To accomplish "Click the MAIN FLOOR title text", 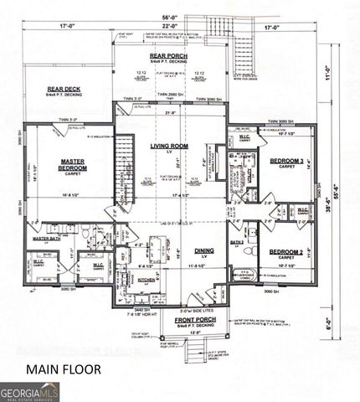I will [64, 368].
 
